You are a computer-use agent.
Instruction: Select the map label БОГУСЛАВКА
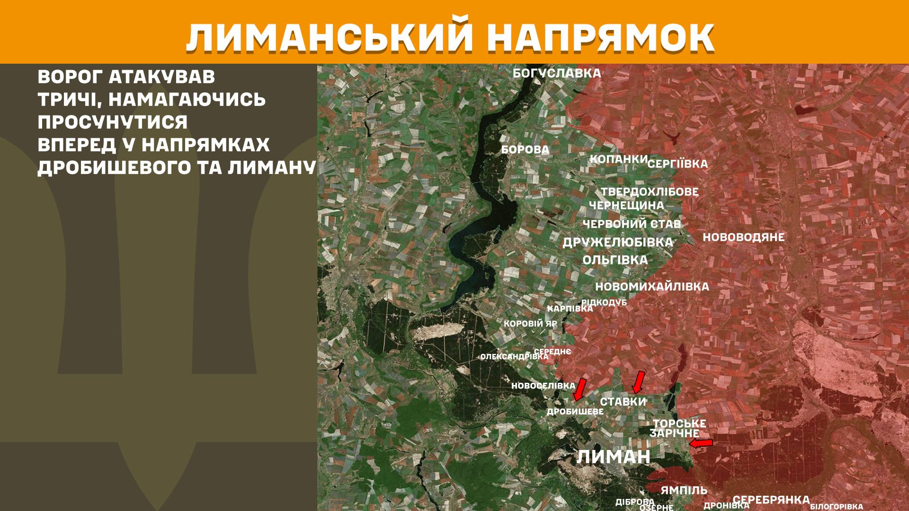pyautogui.click(x=557, y=73)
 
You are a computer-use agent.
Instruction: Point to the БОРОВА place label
pyautogui.click(x=525, y=150)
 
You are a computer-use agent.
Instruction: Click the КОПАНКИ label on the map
pyautogui.click(x=618, y=159)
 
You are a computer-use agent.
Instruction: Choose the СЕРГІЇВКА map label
pyautogui.click(x=677, y=164)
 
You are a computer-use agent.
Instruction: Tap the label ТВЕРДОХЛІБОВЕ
pyautogui.click(x=650, y=192)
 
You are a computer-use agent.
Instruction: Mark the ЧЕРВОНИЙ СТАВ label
pyautogui.click(x=632, y=224)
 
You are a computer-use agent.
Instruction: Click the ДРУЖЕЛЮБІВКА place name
pyautogui.click(x=617, y=242)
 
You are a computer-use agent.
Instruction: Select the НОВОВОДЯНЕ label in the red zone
pyautogui.click(x=743, y=237)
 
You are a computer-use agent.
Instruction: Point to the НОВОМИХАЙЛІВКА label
pyautogui.click(x=652, y=287)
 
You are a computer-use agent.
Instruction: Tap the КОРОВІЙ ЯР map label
pyautogui.click(x=530, y=324)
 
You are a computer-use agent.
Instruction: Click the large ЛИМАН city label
pyautogui.click(x=613, y=457)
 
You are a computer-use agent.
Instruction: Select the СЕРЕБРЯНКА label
pyautogui.click(x=771, y=500)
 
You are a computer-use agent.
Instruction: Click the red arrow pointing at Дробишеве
pyautogui.click(x=579, y=389)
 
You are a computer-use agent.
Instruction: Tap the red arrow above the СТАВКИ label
pyautogui.click(x=639, y=382)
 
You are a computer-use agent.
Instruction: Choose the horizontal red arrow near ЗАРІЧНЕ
pyautogui.click(x=701, y=443)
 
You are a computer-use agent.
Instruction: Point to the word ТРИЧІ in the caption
pyautogui.click(x=65, y=100)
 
